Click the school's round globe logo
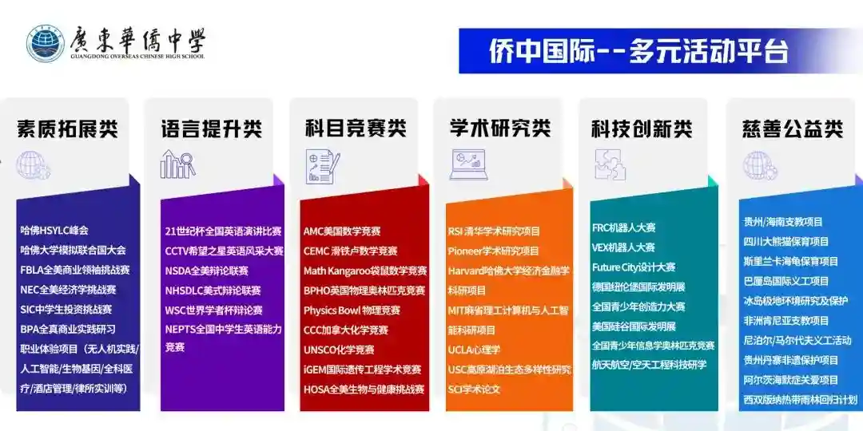coord(45,43)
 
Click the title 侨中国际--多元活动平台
coord(639,51)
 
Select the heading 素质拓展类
coord(68,129)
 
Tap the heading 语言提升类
coord(212,129)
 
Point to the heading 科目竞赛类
coord(356,129)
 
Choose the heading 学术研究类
coord(500,129)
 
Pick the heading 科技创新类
coord(642,129)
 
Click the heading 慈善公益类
coord(793,129)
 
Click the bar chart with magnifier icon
coord(177,164)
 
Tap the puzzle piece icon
coord(610,164)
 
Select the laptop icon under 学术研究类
coord(467,164)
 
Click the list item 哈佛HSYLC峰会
coord(54,231)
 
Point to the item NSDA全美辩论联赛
coord(206,271)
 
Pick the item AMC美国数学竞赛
coord(342,231)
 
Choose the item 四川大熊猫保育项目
coord(786,242)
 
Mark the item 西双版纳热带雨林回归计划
coord(801,400)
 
